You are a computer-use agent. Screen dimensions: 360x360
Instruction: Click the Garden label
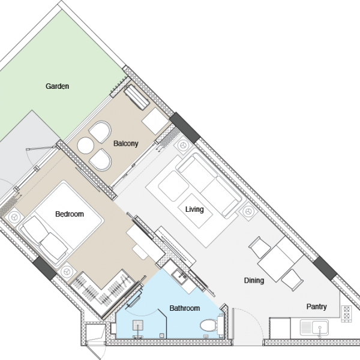(x=57, y=86)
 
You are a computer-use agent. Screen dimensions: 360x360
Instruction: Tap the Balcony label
(x=126, y=143)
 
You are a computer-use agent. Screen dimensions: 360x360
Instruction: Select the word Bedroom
(x=70, y=214)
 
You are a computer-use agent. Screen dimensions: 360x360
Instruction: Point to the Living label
(x=194, y=209)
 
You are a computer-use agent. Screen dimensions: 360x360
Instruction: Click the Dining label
(x=254, y=280)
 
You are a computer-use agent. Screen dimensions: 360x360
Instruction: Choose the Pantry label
(x=317, y=307)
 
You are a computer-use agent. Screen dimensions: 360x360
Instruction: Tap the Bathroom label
(x=185, y=308)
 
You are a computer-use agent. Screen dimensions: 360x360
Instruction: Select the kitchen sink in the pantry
(x=314, y=328)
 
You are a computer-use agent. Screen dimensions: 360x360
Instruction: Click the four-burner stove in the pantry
(x=346, y=314)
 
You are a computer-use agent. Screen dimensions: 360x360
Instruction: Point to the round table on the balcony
(x=85, y=145)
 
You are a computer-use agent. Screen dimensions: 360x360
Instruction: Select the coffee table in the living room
(x=195, y=211)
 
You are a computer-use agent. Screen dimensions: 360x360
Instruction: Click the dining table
(x=281, y=259)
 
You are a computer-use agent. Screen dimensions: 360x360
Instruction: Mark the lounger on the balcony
(x=136, y=97)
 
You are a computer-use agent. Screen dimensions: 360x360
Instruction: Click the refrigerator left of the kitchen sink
(x=280, y=328)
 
